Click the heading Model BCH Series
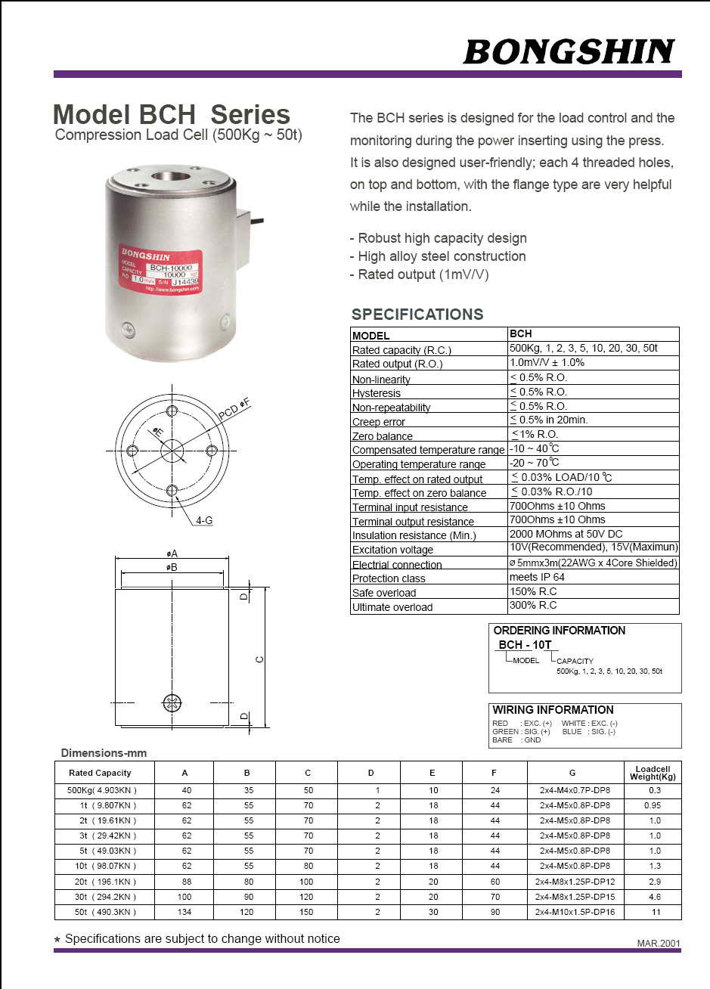coord(172,114)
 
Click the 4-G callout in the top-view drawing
coord(204,520)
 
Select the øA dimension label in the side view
coord(172,553)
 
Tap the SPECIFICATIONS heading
coord(417,315)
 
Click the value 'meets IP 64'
coord(537,577)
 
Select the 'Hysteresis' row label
coord(377,393)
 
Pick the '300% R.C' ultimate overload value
coord(533,606)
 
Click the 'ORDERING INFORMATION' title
coord(560,631)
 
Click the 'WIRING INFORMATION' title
coord(553,710)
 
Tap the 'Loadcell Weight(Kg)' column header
coord(653,773)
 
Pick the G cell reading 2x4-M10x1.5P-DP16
coord(575,912)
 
